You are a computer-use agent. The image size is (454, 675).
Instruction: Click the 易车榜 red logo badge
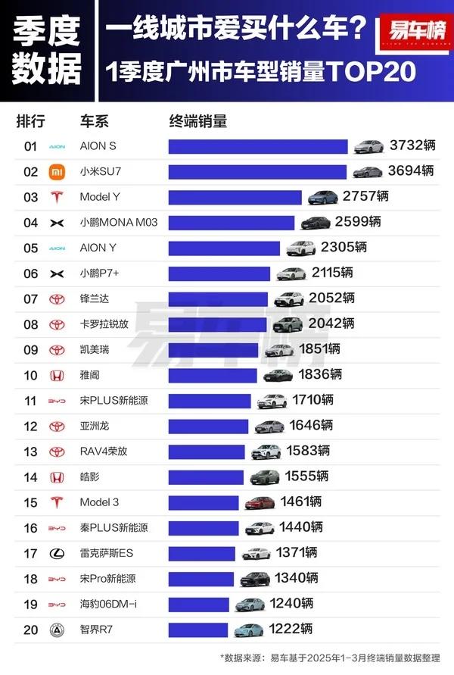click(x=415, y=33)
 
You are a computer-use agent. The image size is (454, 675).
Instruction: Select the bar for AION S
click(x=257, y=146)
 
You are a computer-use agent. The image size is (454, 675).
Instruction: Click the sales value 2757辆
click(x=365, y=197)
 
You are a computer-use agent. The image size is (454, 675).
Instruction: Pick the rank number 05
click(x=30, y=248)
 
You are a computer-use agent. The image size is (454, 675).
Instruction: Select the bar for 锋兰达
click(x=218, y=299)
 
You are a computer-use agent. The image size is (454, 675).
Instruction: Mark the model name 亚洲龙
click(x=95, y=427)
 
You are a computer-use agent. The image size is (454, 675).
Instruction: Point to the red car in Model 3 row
click(x=258, y=502)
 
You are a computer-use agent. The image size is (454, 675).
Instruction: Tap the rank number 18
click(x=30, y=579)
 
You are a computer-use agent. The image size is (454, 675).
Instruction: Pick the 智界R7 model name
click(x=97, y=630)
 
